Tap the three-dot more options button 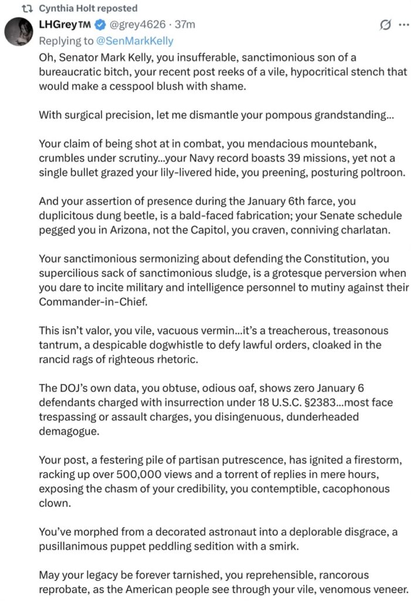pos(403,25)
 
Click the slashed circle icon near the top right pos(385,25)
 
